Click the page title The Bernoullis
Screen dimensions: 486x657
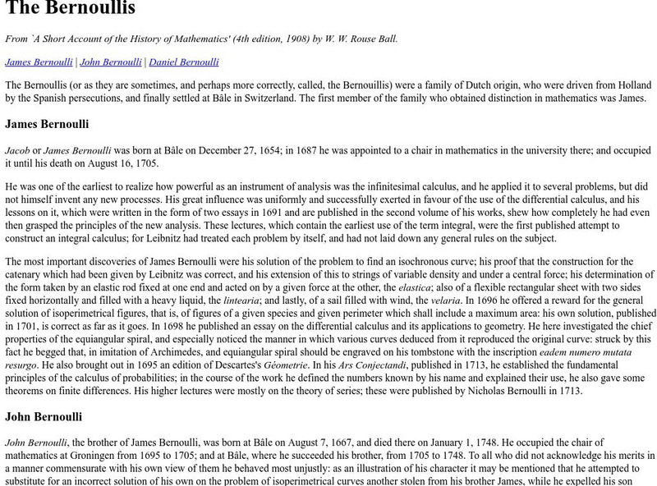(x=71, y=10)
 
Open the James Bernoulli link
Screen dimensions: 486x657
(x=39, y=62)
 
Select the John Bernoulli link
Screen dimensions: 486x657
(x=110, y=62)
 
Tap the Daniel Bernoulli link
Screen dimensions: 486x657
(x=184, y=62)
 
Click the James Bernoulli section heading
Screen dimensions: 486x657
(x=47, y=125)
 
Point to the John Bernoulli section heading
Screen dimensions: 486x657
(x=44, y=416)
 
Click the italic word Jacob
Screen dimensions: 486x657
(x=17, y=151)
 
